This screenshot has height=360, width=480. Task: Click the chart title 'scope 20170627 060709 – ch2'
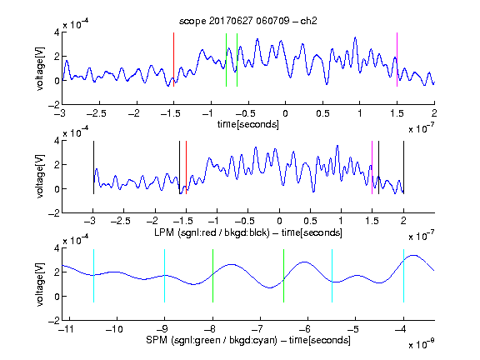coord(248,21)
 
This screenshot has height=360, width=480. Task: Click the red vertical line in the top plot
coord(173,59)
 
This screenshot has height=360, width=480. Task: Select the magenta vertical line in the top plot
coord(397,59)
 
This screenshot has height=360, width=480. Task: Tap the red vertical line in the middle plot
coord(186,167)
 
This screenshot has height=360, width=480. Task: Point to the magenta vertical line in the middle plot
coord(372,167)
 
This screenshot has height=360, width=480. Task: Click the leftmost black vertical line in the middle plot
coord(93,167)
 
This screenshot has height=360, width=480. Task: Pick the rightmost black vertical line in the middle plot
coord(403,167)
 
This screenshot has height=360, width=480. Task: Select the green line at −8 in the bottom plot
coord(212,276)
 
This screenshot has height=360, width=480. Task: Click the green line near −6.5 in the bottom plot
coord(284,276)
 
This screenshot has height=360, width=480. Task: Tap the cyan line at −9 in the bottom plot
coord(165,276)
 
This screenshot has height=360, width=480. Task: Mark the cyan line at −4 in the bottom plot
coord(403,276)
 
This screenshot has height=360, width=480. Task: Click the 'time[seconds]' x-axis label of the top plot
coord(248,124)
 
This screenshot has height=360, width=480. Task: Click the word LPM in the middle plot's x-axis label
coord(164,232)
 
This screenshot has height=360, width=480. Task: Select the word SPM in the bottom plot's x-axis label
coord(157,340)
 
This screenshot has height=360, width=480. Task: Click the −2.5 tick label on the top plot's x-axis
coord(96,113)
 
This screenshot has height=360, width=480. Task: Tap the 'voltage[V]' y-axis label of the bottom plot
coord(40,284)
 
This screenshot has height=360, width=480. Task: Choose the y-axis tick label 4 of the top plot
coord(57,32)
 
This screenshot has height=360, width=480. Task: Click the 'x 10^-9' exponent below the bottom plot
coord(421,344)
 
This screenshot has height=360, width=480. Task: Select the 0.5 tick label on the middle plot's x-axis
coord(310,221)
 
